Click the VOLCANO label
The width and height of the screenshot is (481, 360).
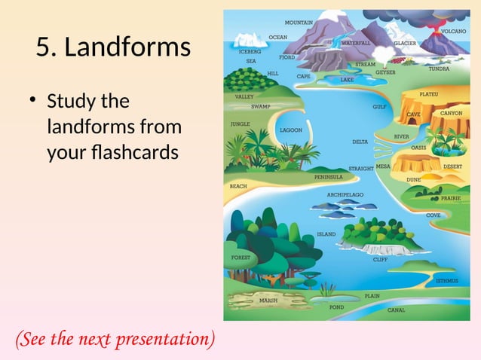click(x=453, y=32)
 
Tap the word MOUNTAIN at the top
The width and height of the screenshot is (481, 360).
click(x=299, y=23)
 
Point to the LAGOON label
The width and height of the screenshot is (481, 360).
click(x=291, y=130)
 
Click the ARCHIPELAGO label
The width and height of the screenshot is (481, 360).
click(x=345, y=194)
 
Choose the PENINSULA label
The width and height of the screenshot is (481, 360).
click(x=329, y=177)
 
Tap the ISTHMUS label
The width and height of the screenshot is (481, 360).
click(x=446, y=281)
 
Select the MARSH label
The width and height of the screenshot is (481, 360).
click(x=268, y=300)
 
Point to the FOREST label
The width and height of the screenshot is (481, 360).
click(x=240, y=258)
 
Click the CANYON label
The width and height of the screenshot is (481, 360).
click(x=451, y=113)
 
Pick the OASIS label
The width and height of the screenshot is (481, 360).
click(x=418, y=148)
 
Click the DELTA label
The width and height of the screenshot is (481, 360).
click(x=360, y=142)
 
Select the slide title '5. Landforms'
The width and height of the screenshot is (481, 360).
click(x=113, y=47)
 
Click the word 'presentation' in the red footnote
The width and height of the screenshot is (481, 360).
click(x=163, y=340)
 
